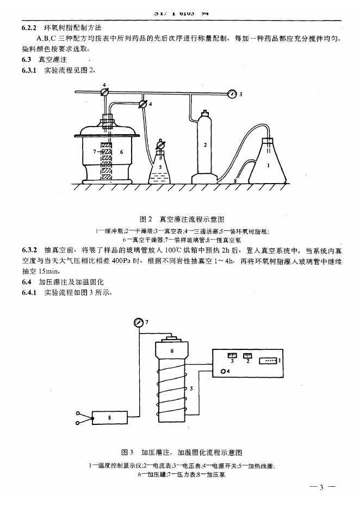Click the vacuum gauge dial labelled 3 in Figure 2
pos(233,93)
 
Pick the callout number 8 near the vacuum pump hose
pos(234,180)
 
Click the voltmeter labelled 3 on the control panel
pos(232,356)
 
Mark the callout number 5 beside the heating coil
pos(191,389)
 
